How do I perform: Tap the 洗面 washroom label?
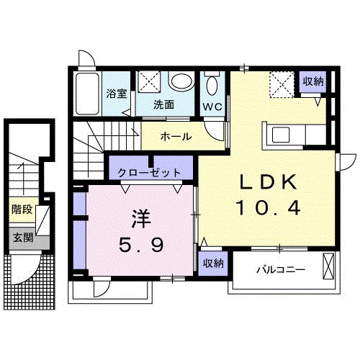click(163, 104)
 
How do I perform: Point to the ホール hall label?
click(176, 136)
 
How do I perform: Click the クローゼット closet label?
click(150, 173)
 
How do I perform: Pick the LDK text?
click(266, 184)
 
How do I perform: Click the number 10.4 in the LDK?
click(267, 210)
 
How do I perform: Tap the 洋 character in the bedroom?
click(140, 217)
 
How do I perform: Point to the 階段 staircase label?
click(22, 210)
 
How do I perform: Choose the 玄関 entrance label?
click(22, 238)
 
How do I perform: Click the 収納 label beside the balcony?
click(212, 263)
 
